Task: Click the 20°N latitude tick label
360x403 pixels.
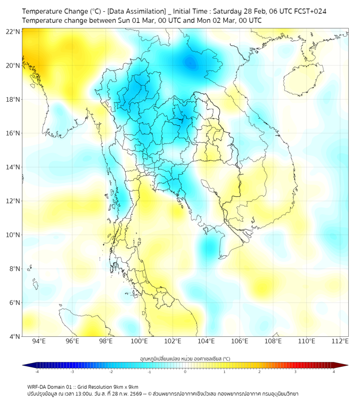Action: (13, 66)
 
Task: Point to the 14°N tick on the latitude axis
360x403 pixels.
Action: (13, 167)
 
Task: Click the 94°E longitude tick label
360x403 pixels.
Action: (39, 341)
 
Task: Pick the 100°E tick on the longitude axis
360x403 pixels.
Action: (139, 341)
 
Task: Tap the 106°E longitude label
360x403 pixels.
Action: (240, 341)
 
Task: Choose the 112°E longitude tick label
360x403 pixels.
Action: (340, 341)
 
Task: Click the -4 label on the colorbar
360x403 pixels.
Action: (37, 372)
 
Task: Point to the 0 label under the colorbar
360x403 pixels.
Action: (185, 372)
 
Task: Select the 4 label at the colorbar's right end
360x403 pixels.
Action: (334, 372)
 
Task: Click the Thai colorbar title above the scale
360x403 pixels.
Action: (185, 358)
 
